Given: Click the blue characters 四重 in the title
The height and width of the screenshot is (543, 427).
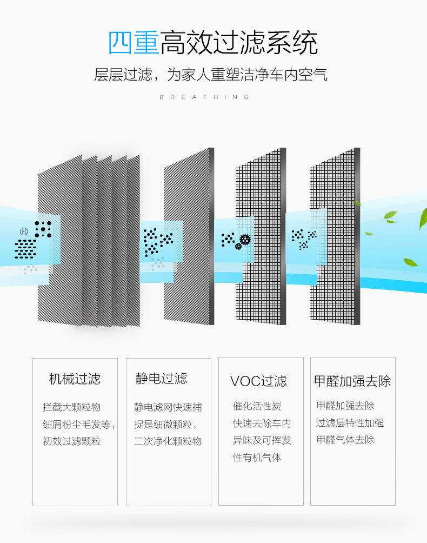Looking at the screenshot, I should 134,43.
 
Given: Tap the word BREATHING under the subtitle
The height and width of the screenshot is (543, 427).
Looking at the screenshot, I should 205,97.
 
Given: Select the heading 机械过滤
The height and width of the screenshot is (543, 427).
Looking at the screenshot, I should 75,379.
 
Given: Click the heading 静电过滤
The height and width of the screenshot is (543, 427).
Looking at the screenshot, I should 161,378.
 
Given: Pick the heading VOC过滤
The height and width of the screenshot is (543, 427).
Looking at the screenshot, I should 258,381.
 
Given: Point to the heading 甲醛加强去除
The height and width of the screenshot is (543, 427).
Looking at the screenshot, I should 352,381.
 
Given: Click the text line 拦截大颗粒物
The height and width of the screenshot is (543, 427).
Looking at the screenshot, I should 72,407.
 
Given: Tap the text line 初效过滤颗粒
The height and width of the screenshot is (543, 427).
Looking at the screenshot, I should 72,441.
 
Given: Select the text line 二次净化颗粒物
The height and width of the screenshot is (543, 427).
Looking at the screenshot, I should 168,441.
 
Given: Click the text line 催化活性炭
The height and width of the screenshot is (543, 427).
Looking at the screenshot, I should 257,406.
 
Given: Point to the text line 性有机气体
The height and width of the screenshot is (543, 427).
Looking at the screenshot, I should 257,458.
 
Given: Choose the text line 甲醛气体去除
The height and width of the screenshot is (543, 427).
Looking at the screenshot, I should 345,439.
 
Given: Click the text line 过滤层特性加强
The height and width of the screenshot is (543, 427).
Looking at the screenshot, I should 350,423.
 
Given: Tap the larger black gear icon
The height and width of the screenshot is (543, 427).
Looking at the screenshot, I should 245,239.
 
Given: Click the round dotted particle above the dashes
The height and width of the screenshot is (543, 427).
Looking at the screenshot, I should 24,231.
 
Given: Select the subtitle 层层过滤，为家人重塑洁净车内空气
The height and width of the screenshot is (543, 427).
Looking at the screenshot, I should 211,75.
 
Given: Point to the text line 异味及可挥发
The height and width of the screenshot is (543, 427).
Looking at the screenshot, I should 262,440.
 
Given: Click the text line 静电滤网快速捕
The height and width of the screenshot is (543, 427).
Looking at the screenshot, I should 168,407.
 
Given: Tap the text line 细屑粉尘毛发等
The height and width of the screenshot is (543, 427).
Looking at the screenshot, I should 79,425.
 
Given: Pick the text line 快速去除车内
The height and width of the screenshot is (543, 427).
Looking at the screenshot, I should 262,423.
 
